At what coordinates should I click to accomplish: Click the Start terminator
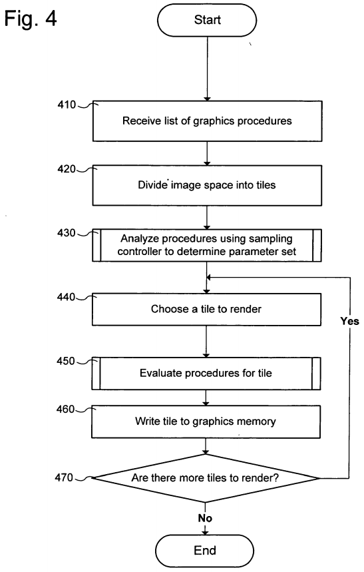pos(207,20)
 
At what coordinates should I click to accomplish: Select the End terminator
pos(204,551)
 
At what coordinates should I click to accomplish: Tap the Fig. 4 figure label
pos(31,18)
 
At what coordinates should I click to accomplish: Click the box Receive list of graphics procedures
pos(207,121)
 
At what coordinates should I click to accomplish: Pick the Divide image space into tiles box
pos(207,185)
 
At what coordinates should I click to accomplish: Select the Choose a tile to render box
pos(206,310)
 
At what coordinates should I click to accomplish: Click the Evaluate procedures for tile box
pos(206,373)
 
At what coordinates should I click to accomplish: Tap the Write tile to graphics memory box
pos(206,422)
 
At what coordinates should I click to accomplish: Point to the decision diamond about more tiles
pos(206,478)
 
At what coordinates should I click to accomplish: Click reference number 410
pos(67,105)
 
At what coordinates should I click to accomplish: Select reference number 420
pos(67,169)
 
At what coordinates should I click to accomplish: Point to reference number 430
pos(66,233)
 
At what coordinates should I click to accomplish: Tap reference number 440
pos(66,297)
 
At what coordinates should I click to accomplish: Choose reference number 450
pos(66,361)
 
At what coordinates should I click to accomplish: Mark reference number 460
pos(65,409)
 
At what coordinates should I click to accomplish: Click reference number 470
pos(64,477)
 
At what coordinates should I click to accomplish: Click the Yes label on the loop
pos(350,321)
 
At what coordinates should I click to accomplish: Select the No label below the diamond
pos(205,518)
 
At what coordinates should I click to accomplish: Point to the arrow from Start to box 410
pos(207,69)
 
